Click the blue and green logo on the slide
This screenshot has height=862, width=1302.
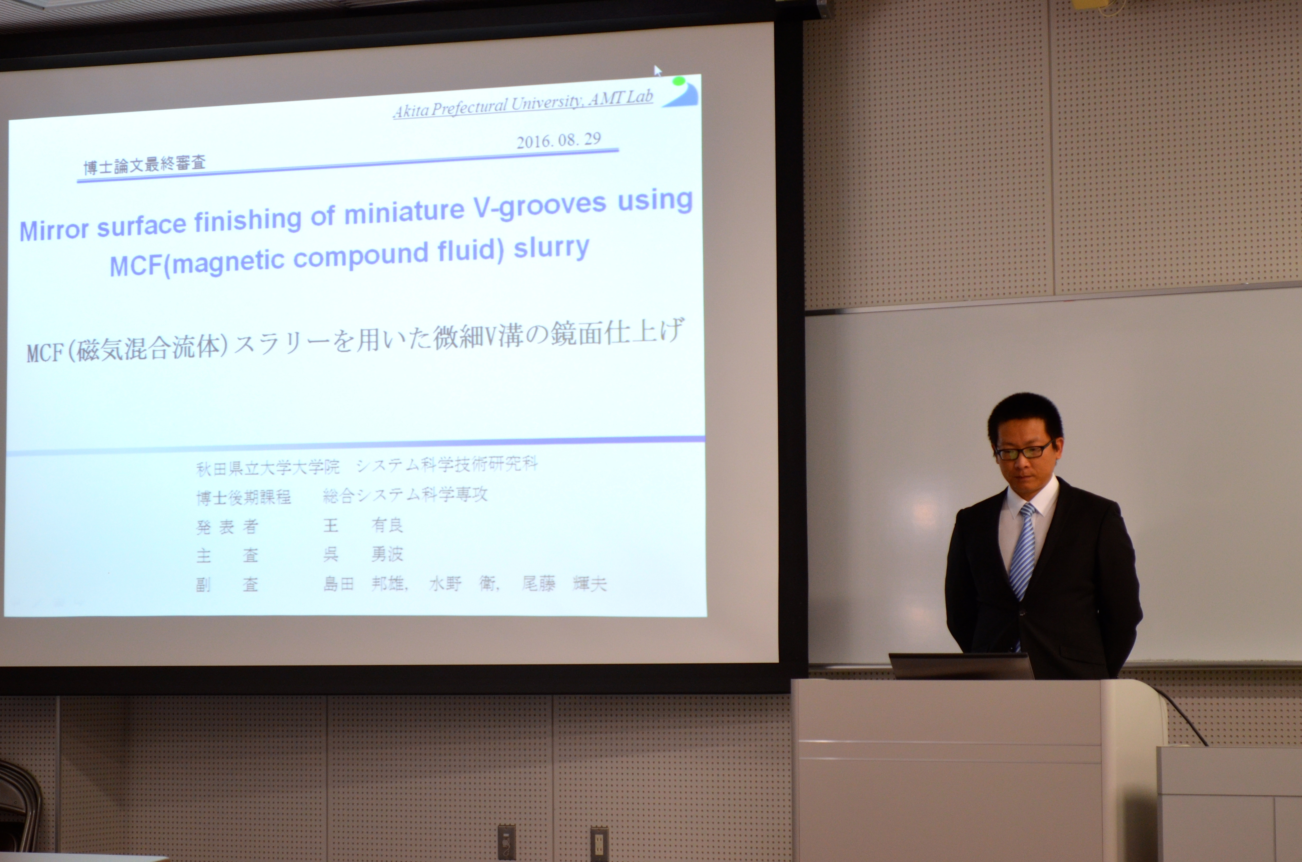tap(681, 91)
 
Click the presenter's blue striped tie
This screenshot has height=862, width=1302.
tap(1023, 555)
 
